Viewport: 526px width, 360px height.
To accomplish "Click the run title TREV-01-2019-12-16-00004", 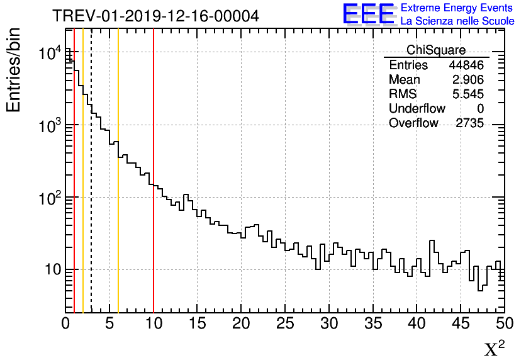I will pos(155,16).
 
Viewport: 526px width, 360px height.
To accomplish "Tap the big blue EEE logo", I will pos(368,14).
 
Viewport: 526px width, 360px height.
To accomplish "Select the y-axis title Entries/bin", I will pos(14,70).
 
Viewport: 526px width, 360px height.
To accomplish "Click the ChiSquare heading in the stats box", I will pos(436,50).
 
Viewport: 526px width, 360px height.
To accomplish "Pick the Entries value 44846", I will pos(466,65).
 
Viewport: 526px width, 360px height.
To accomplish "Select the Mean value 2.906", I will pos(467,80).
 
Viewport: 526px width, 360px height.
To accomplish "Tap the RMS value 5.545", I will pos(467,94).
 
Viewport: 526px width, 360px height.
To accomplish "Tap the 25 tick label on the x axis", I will pos(285,323).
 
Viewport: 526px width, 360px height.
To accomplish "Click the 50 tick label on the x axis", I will pos(503,323).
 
